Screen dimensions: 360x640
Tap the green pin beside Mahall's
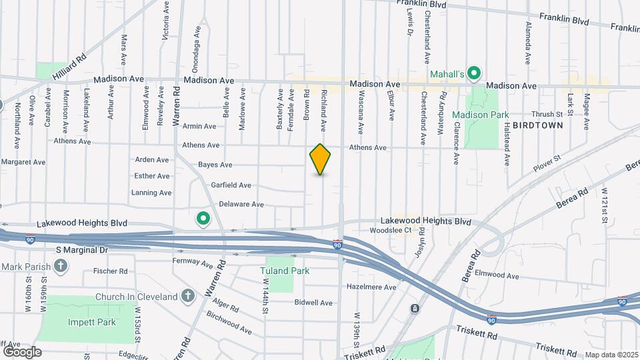[474, 73]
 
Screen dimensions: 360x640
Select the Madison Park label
[485, 115]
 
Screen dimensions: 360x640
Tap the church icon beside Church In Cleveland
[188, 295]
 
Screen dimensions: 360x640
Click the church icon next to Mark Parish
[61, 267]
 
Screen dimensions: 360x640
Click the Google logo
[22, 351]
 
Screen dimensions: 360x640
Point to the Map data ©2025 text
[612, 355]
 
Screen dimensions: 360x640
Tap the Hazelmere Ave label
[371, 287]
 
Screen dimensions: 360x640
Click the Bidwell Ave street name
[313, 303]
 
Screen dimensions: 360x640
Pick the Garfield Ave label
[231, 185]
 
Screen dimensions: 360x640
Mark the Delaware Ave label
[241, 205]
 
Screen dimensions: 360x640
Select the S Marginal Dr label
[81, 249]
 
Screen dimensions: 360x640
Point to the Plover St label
[547, 164]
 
